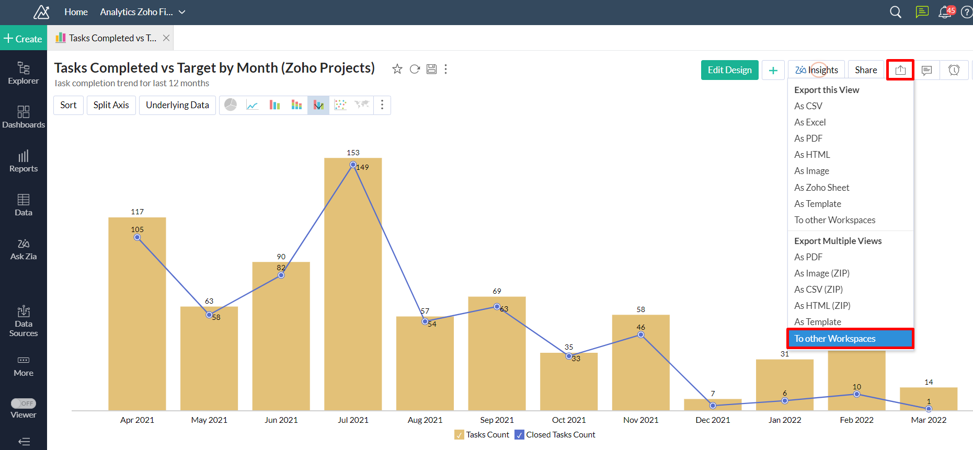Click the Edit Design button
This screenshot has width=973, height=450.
pos(729,70)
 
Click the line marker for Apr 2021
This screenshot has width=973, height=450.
pos(137,237)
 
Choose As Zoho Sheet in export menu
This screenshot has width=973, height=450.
pos(821,188)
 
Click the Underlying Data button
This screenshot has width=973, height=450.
pos(177,105)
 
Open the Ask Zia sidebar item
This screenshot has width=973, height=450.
pos(24,249)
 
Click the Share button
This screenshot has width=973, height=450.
pos(866,70)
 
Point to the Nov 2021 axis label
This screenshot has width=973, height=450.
pos(640,420)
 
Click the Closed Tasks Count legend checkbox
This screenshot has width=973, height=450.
pos(519,435)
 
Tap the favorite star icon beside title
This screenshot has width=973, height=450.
pos(397,69)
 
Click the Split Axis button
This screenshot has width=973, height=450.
pos(111,105)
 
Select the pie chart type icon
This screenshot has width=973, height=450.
pos(231,105)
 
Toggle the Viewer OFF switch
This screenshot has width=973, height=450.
pos(24,403)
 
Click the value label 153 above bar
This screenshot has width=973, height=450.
pos(353,153)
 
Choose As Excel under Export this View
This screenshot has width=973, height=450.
pos(810,122)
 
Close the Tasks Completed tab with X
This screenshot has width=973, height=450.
pos(166,38)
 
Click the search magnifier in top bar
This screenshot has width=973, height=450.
pos(896,12)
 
